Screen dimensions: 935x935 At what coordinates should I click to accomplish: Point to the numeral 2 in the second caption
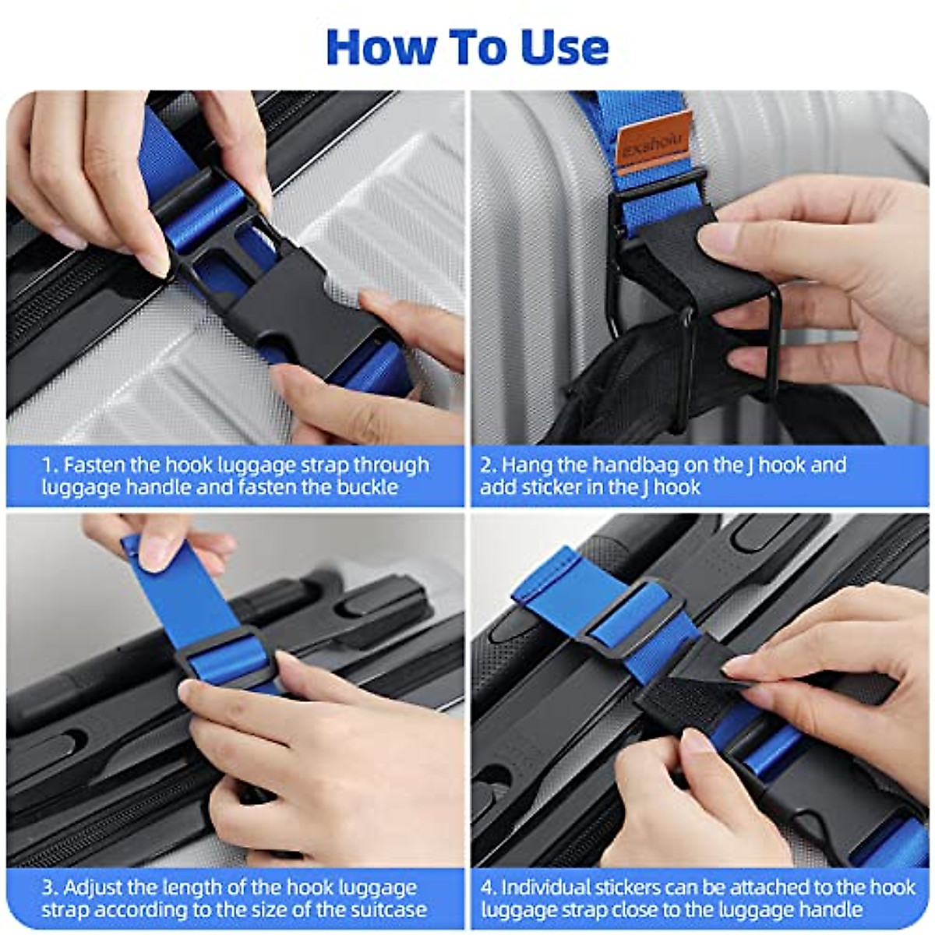[485, 465]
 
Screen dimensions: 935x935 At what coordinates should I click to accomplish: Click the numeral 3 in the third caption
[48, 888]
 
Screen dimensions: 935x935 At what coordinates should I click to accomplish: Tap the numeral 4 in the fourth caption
[487, 888]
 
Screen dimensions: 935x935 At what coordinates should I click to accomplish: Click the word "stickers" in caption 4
[623, 888]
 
